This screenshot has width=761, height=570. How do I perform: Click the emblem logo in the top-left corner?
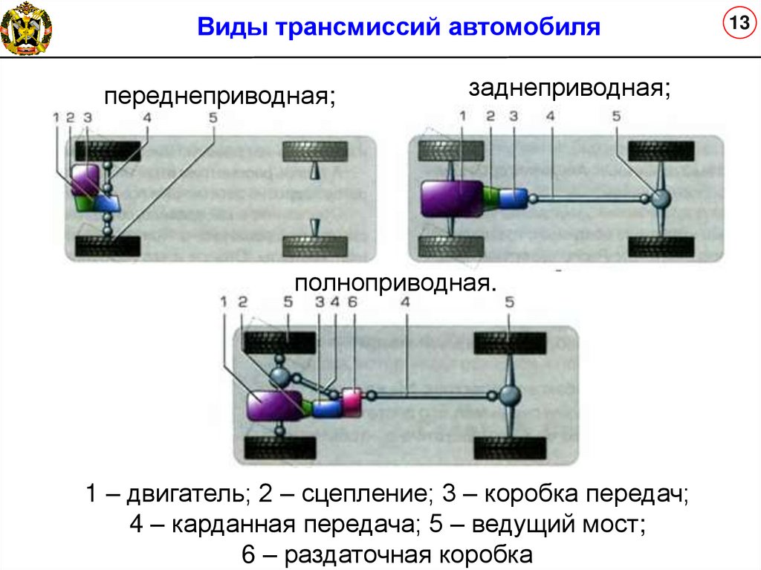pos(26,28)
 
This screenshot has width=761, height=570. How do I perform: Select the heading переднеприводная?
pos(219,97)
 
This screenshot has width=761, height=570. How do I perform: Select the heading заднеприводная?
pos(569,88)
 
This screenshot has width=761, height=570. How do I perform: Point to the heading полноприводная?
pos(395,283)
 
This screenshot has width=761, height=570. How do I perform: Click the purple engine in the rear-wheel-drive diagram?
pos(451,198)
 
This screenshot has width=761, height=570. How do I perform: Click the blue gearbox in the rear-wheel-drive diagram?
pos(512,198)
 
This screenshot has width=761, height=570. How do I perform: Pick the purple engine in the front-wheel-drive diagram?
pos(84,180)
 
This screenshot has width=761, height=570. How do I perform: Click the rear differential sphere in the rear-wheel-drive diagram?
pos(660,198)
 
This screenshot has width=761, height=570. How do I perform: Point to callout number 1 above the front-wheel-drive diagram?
pos(56,117)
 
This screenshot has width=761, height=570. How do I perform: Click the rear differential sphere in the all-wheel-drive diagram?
pos(509,395)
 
